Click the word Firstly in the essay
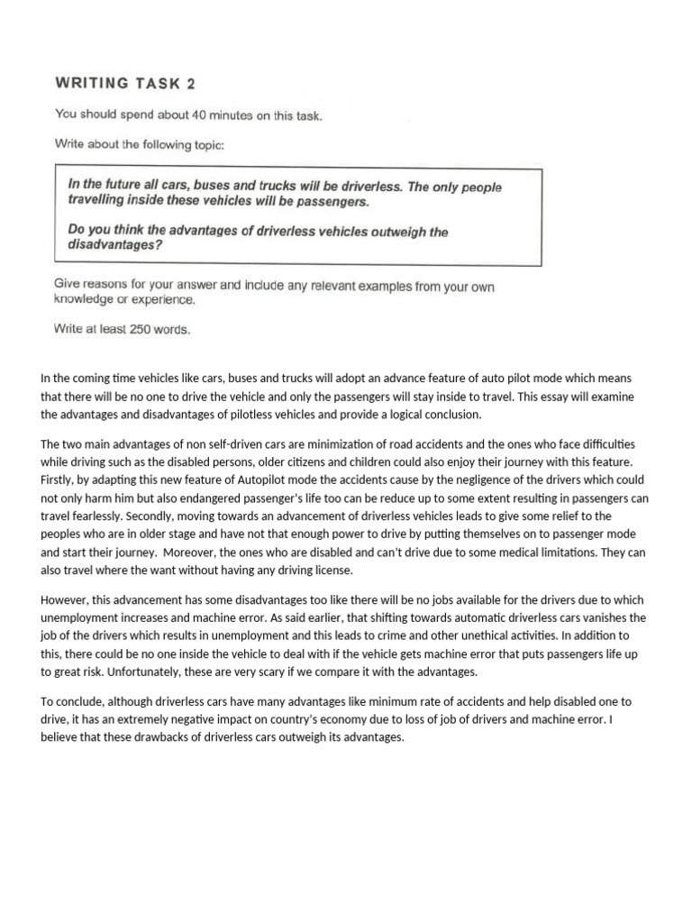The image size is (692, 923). tap(59, 480)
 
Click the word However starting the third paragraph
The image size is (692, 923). tap(64, 599)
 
